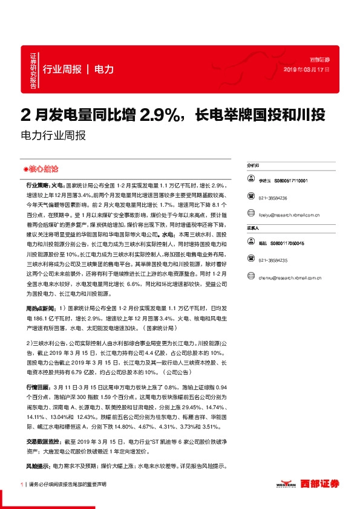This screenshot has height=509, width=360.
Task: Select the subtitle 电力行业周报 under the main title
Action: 53,135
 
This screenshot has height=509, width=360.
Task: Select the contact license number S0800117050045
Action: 290,243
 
